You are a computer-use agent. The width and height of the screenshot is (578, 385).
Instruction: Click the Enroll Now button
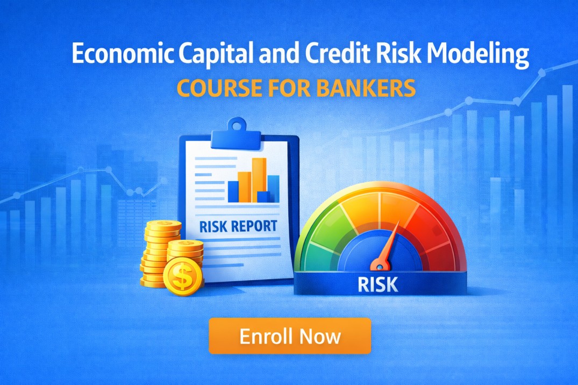point(290,336)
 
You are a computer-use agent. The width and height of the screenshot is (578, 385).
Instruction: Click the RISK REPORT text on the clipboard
point(238,226)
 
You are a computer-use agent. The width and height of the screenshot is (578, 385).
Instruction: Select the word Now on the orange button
point(320,336)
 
